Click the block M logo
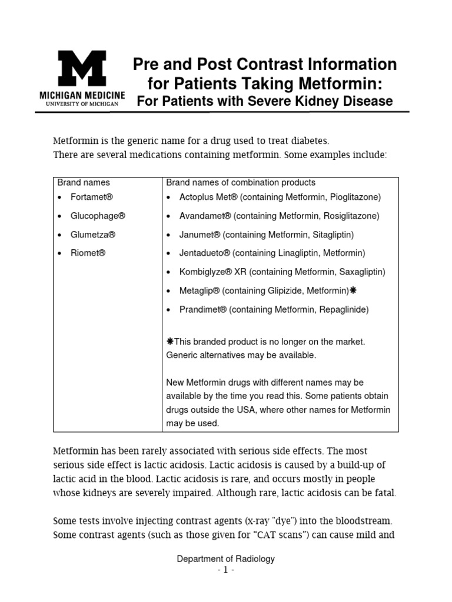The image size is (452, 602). [x=81, y=69]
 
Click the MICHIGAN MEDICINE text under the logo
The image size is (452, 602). [x=82, y=95]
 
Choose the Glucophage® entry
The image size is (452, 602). [x=98, y=216]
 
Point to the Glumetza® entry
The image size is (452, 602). [x=93, y=235]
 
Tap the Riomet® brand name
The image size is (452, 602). [x=88, y=253]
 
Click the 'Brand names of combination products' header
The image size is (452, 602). [x=241, y=182]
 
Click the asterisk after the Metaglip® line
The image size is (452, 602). [x=353, y=290]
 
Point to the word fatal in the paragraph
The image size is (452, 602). [x=385, y=493]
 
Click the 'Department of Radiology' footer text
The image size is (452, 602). [x=225, y=559]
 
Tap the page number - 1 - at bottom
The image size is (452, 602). [x=225, y=571]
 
